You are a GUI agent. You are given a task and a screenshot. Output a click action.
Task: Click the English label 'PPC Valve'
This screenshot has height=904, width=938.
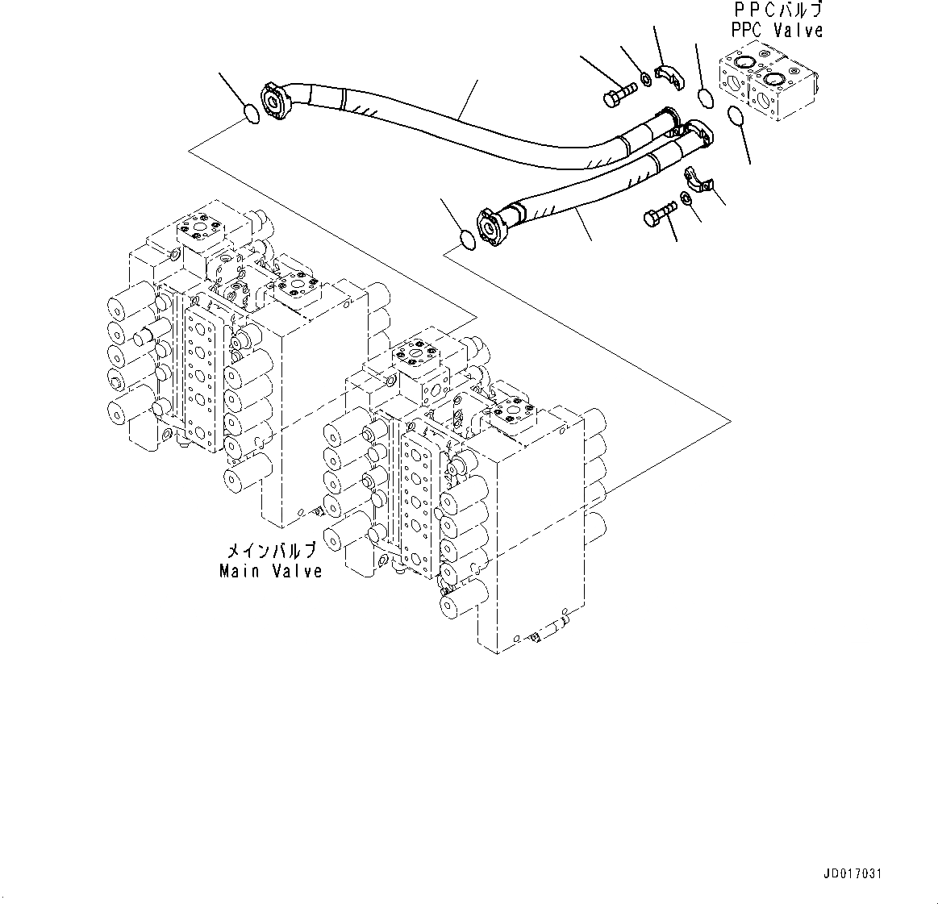coord(777,31)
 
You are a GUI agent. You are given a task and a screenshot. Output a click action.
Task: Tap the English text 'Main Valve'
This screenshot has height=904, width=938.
coord(271,571)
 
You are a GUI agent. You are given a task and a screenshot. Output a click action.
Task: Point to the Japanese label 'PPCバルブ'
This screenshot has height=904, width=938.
coord(777,11)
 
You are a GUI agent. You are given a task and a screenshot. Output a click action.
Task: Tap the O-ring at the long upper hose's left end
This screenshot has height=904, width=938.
coord(252,115)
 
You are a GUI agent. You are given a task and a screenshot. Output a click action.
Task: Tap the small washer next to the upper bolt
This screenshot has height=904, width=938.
coord(647,78)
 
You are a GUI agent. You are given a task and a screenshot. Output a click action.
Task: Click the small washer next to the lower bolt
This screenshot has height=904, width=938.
coord(686,198)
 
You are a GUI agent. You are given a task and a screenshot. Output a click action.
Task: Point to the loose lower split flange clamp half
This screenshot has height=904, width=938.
coord(698,181)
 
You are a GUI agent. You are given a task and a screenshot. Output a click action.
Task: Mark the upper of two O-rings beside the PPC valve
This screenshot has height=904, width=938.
coord(704,98)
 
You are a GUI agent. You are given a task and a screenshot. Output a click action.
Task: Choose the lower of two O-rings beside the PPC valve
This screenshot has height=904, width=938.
coord(736,117)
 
